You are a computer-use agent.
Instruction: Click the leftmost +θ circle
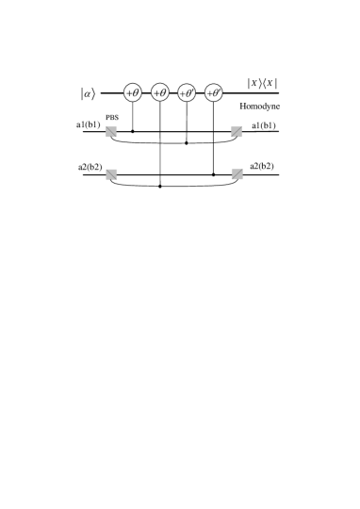click(133, 92)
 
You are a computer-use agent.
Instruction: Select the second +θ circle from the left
click(160, 92)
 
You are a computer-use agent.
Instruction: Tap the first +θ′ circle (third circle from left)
click(187, 92)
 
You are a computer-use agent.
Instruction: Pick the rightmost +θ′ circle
click(214, 92)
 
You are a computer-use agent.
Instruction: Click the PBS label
click(112, 117)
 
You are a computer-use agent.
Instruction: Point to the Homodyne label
click(260, 106)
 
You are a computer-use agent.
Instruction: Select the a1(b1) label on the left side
click(89, 123)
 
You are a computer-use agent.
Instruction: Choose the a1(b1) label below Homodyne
click(263, 124)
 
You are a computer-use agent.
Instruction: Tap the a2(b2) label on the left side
click(90, 167)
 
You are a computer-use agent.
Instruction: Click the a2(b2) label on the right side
click(262, 166)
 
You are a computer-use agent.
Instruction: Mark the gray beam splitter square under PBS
click(111, 132)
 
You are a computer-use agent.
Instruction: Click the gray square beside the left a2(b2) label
click(111, 174)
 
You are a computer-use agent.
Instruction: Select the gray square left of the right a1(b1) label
click(237, 132)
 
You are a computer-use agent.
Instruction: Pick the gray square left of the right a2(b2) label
click(237, 173)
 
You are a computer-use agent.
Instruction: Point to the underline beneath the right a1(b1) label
click(263, 134)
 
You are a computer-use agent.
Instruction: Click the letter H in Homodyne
click(243, 106)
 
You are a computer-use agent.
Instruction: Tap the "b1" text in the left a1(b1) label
click(94, 123)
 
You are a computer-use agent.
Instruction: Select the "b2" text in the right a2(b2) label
click(268, 166)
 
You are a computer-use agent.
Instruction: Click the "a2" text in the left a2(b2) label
click(83, 167)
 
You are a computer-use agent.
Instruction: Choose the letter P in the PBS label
click(107, 117)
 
